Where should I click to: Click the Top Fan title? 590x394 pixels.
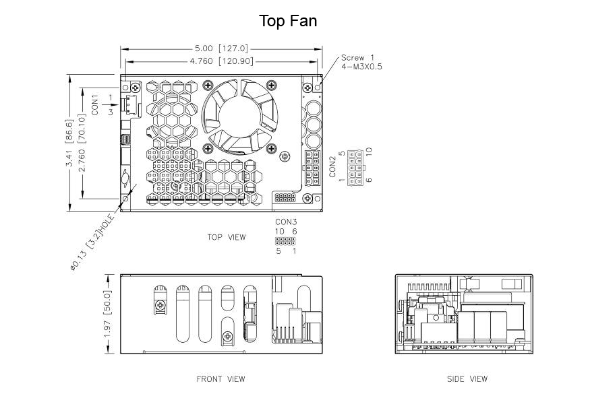288,21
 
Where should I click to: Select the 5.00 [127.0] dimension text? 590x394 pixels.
221,48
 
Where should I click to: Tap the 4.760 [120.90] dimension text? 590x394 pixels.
221,61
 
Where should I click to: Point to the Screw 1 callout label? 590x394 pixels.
357,57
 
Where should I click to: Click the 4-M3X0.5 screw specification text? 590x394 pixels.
361,67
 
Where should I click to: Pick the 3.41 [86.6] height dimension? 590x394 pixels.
69,143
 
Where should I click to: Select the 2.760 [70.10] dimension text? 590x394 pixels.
82,143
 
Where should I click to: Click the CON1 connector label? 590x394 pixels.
94,105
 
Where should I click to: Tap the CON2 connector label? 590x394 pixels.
332,166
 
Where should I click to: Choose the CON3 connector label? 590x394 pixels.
286,222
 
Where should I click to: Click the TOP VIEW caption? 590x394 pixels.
227,237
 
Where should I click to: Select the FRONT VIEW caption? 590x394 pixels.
220,379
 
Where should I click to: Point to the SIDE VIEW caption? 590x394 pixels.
467,379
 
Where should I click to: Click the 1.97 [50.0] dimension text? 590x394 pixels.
108,314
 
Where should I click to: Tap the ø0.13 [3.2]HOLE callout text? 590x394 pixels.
92,242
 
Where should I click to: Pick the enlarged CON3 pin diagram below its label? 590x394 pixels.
285,241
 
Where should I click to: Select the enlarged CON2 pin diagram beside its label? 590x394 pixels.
355,167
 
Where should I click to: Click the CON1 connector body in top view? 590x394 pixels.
130,104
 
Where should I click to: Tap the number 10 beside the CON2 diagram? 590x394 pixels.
369,152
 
